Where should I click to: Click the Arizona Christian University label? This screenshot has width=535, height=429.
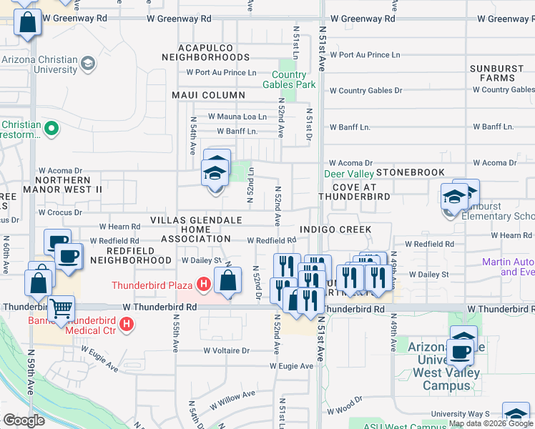coord(39,64)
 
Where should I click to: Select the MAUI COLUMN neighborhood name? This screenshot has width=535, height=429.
coord(208,95)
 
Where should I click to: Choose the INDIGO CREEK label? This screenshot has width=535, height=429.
coord(335,230)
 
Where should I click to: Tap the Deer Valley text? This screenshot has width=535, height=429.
coord(348,174)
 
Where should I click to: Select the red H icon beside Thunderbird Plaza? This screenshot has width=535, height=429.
coord(205,285)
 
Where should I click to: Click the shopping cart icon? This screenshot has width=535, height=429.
coord(62,308)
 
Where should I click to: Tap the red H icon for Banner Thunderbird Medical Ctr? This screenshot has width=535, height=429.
coord(127,325)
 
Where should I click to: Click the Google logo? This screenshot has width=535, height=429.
coord(24,420)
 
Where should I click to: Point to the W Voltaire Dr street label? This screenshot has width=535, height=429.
coord(225,350)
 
